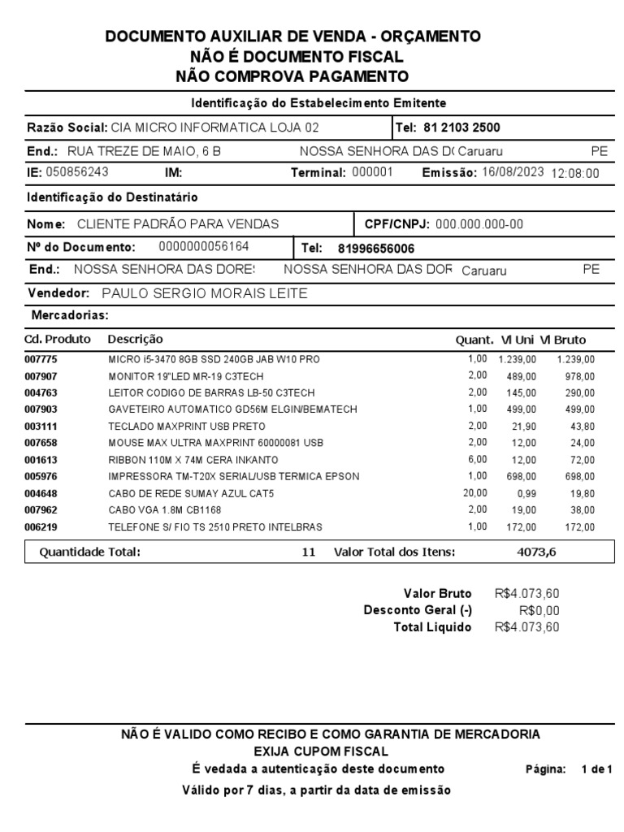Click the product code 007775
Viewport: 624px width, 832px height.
(41, 359)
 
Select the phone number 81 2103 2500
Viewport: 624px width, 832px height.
(461, 128)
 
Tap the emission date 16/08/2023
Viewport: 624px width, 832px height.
(512, 172)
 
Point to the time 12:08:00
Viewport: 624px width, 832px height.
(575, 173)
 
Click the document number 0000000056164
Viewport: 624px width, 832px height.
(204, 246)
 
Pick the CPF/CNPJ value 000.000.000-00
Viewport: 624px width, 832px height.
(479, 223)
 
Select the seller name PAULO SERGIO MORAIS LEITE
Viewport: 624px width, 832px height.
(205, 293)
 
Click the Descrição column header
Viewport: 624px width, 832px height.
(135, 340)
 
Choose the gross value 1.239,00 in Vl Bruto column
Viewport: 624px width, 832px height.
(575, 359)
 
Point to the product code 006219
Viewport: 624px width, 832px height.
(41, 527)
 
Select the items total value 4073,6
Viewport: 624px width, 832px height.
(536, 552)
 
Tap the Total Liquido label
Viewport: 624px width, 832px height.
(431, 627)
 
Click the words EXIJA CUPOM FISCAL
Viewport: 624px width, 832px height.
(321, 751)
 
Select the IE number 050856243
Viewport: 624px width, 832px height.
(77, 172)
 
